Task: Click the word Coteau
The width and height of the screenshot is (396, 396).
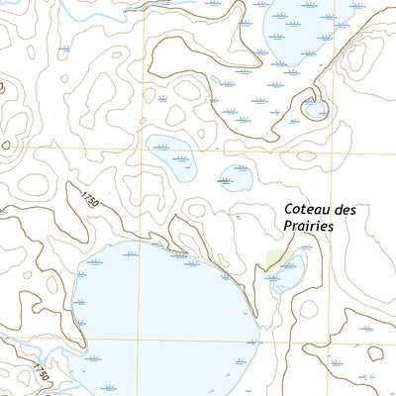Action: point(307,209)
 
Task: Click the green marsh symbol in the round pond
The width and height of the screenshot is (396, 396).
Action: point(227,181)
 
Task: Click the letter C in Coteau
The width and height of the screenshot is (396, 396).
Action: point(289,209)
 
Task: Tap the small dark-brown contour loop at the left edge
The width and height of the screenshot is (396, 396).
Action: point(6,148)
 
